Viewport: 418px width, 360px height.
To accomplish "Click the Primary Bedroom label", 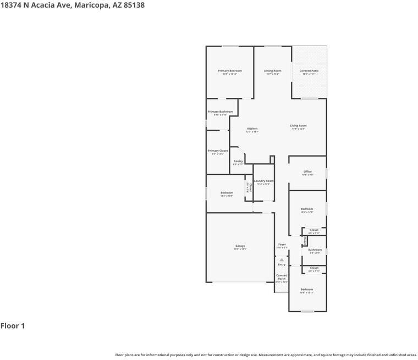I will [x=229, y=71].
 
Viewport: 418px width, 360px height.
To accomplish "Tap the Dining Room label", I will [x=272, y=71].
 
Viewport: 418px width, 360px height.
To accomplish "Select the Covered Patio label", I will [x=309, y=71].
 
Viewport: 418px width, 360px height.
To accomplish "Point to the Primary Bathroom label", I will [x=220, y=112].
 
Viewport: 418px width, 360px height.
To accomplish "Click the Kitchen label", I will [x=252, y=129].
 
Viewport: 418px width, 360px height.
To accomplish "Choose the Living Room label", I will [x=298, y=126].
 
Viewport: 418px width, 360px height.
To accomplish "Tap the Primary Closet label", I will [x=217, y=151].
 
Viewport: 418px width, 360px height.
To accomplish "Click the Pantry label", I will [x=238, y=161].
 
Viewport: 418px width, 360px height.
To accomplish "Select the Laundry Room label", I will [x=263, y=181].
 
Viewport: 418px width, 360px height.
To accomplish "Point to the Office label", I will [x=307, y=171].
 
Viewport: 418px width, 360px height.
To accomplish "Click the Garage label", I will [x=240, y=246].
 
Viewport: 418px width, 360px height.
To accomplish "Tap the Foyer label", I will [x=282, y=245].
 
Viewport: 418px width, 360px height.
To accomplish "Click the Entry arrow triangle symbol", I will [x=282, y=259].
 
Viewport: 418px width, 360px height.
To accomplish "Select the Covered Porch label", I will [x=282, y=277].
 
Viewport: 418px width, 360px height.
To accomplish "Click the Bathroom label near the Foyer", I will [x=315, y=250].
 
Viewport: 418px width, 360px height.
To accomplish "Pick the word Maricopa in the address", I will [x=90, y=5].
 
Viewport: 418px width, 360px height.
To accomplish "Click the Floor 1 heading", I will [x=13, y=326].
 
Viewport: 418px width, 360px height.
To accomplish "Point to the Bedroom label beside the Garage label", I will [x=227, y=192].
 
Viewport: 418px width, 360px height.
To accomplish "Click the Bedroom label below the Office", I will [x=306, y=209].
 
